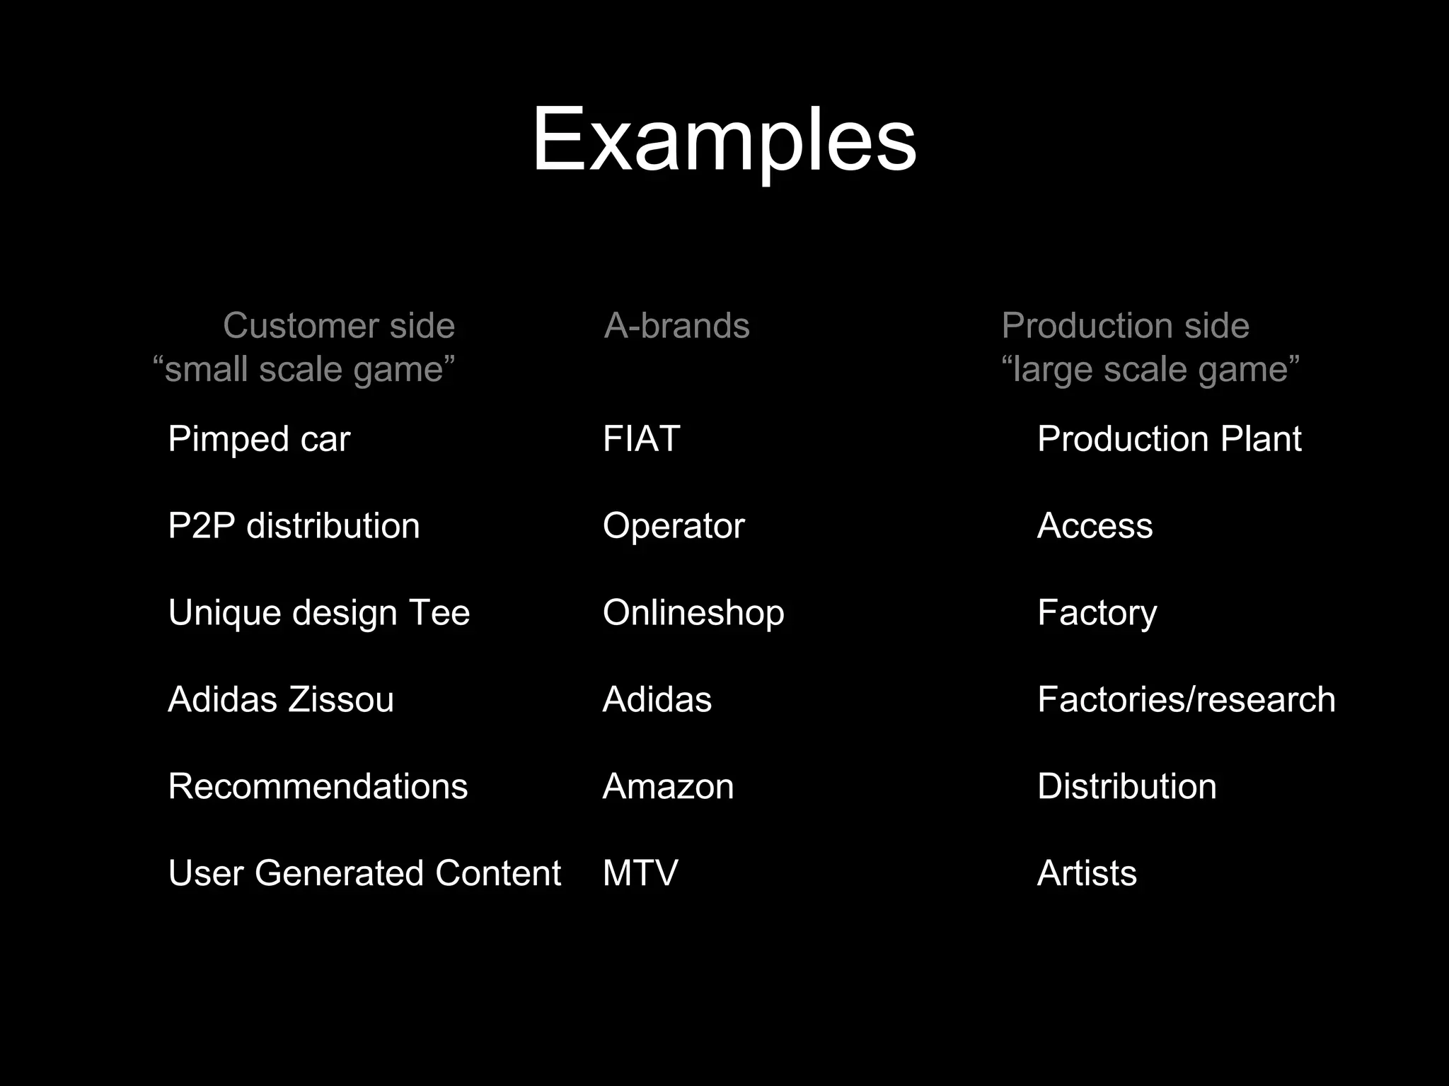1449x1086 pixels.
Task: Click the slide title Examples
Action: tap(724, 140)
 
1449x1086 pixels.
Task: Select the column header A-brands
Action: tap(676, 326)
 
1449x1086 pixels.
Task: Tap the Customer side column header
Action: tap(339, 326)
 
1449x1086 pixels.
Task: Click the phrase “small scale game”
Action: tap(304, 370)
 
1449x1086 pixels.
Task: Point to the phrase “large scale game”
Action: tap(1150, 370)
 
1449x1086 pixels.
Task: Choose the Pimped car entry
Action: tap(259, 439)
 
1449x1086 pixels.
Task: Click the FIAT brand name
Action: tap(641, 439)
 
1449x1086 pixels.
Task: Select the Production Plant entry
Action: tap(1169, 439)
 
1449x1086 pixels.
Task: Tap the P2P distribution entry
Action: tap(294, 526)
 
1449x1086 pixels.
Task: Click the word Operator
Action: tap(674, 526)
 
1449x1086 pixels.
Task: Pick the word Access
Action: tap(1095, 526)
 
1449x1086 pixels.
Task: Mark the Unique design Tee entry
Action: tap(318, 612)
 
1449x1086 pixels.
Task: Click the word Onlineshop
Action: tap(693, 612)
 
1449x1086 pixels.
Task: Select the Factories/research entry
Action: tap(1186, 699)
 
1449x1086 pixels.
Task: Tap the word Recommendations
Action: tap(318, 786)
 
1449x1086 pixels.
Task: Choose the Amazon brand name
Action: tap(668, 786)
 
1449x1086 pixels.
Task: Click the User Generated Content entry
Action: tap(364, 873)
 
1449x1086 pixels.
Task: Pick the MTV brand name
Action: tap(640, 873)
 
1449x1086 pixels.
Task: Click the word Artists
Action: tap(1087, 873)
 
